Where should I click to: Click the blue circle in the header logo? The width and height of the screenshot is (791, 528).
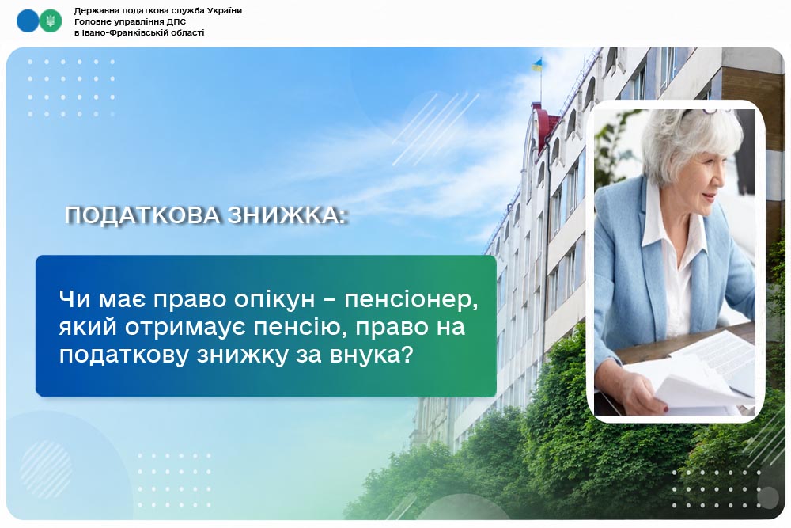tap(27, 21)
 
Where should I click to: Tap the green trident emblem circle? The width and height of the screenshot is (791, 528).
tap(51, 21)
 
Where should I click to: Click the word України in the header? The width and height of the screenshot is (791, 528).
tap(225, 10)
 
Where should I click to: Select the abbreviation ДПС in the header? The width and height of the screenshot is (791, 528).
tap(176, 21)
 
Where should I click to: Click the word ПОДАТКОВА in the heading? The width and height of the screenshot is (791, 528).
tap(142, 215)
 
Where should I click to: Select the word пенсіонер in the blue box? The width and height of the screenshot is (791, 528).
tap(410, 300)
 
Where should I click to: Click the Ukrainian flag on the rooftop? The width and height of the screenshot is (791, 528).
tap(538, 65)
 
